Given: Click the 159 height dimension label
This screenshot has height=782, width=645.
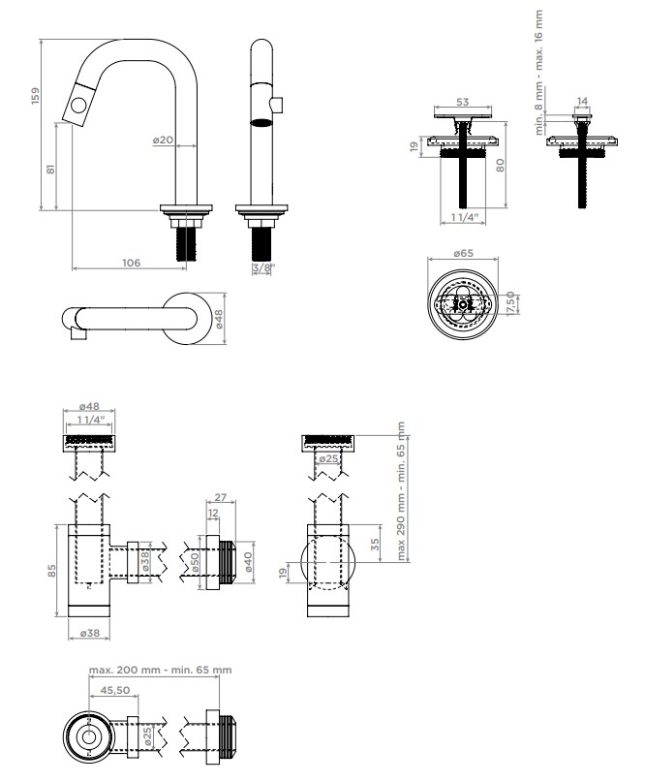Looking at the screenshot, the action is (x=36, y=96).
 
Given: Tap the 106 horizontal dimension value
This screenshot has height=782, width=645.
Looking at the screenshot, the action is (x=131, y=263).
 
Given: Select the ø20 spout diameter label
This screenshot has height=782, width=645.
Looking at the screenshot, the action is (x=163, y=141).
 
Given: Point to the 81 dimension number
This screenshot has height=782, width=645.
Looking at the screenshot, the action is (x=50, y=169).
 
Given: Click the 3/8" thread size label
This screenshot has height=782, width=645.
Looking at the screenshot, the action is (x=263, y=267).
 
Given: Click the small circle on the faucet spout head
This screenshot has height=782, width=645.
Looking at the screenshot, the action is (x=78, y=106).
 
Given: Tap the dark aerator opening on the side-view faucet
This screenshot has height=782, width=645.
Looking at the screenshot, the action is (x=261, y=123).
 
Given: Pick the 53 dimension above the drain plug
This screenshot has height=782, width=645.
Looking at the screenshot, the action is (x=463, y=102).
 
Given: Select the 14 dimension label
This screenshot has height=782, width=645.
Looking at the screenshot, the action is (x=582, y=101).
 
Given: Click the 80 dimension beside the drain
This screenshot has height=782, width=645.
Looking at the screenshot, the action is (x=500, y=165).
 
